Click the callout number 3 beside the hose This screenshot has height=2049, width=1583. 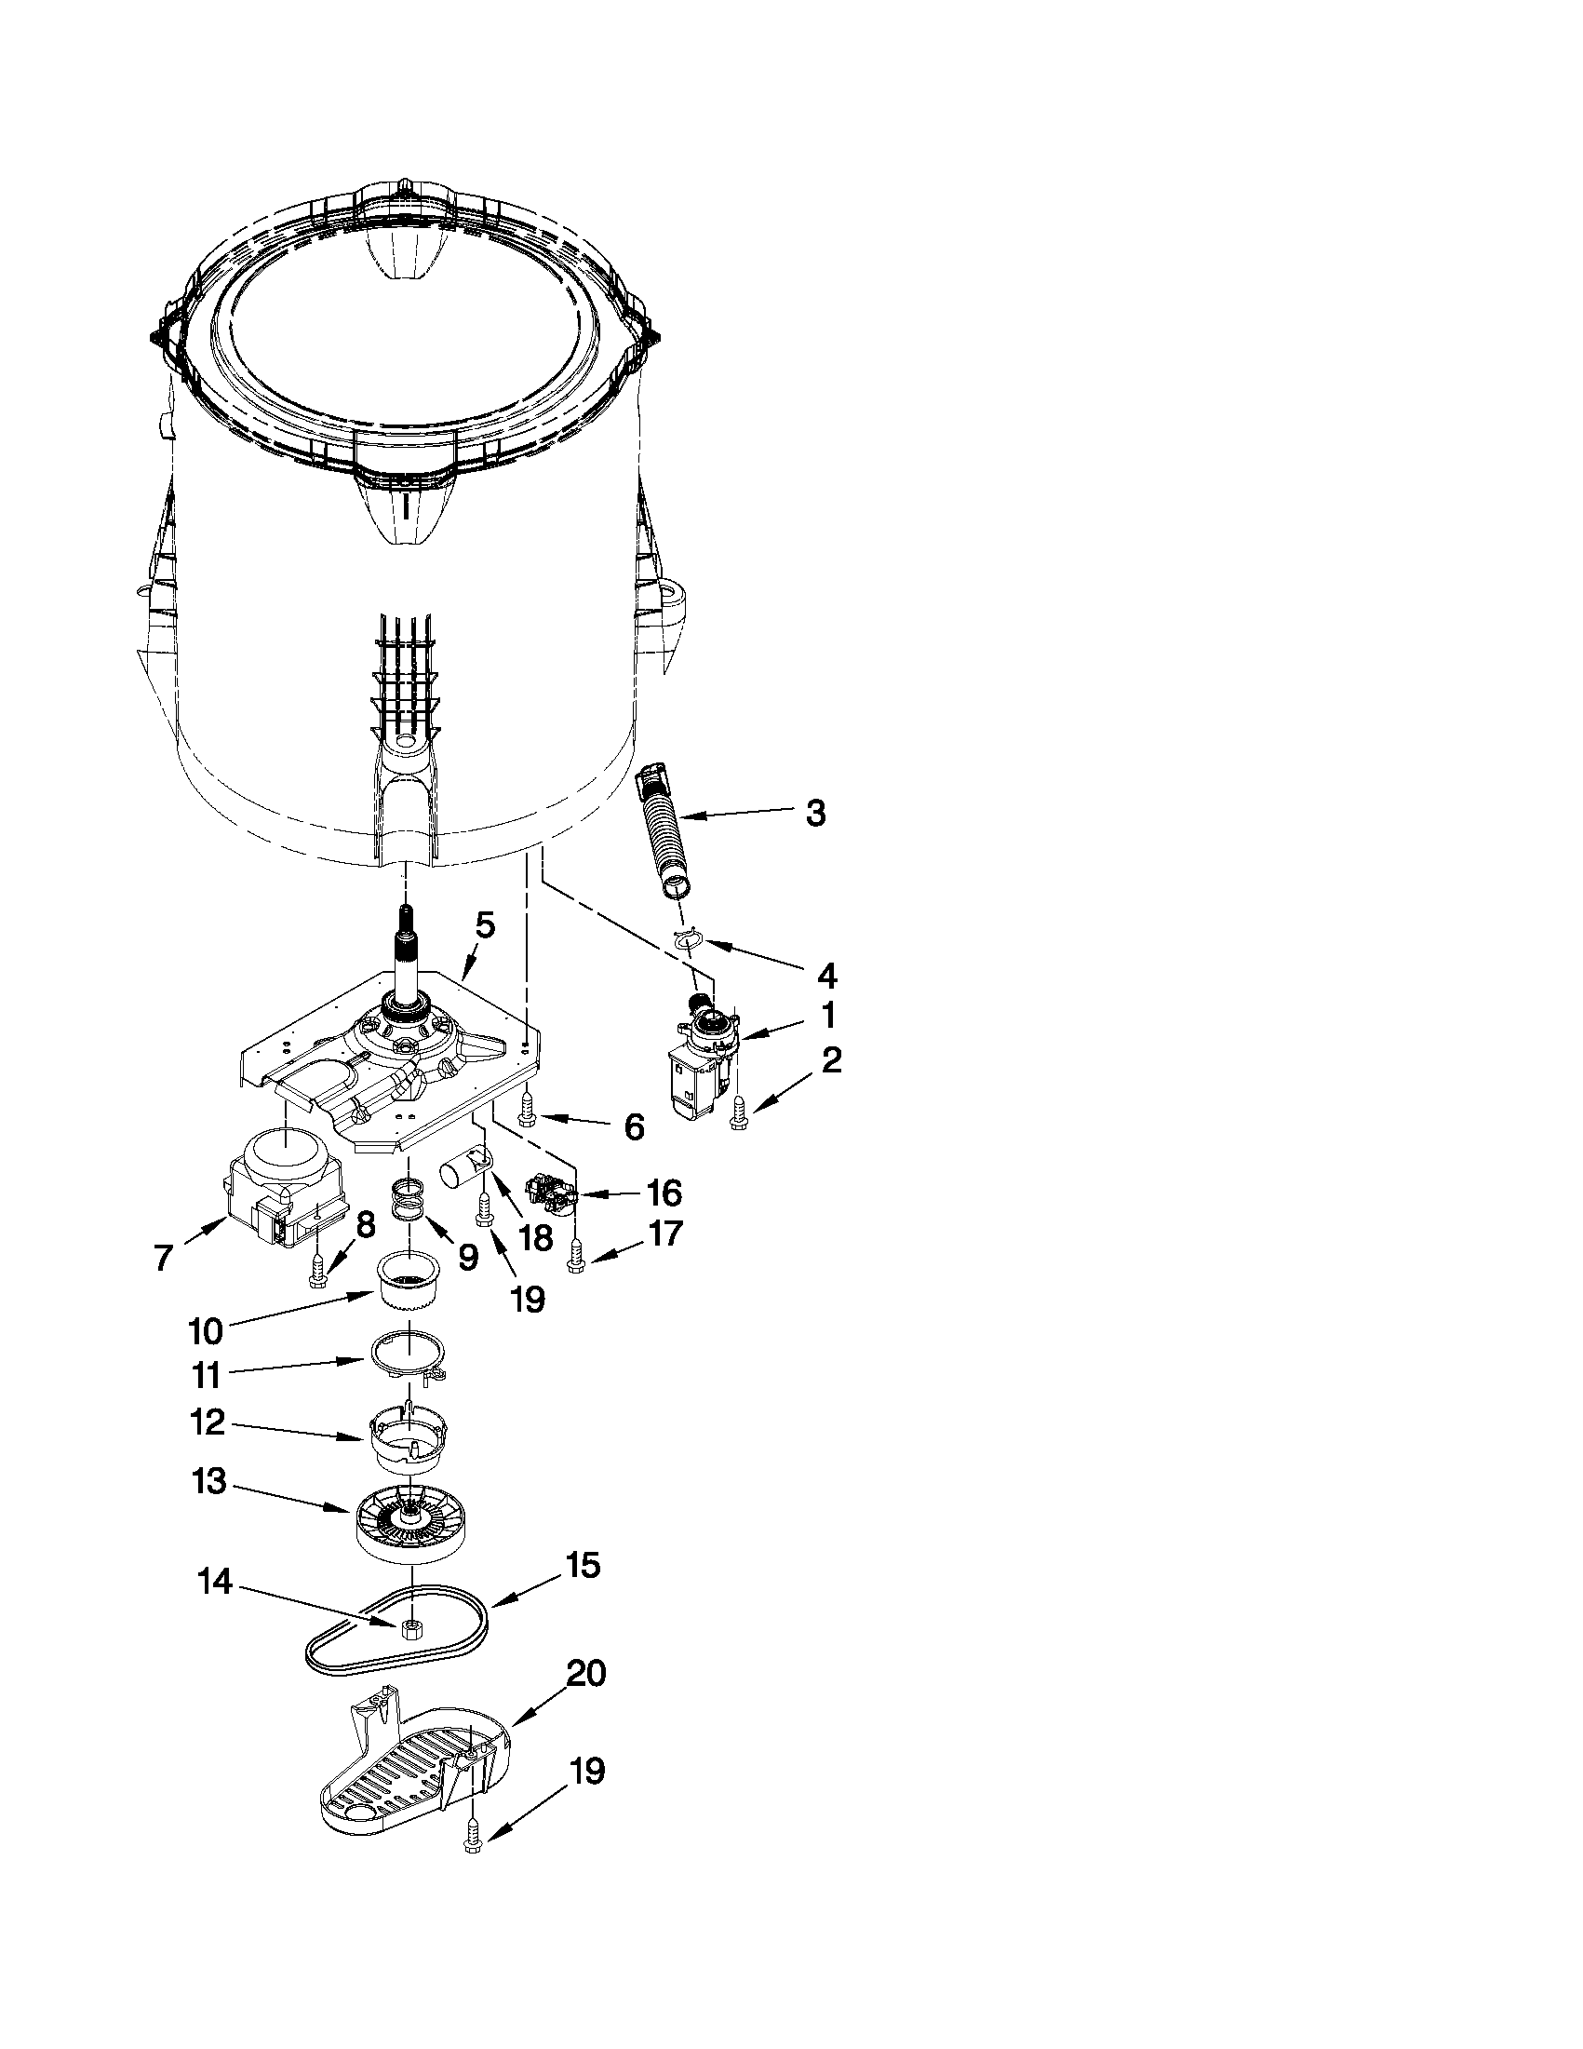(815, 814)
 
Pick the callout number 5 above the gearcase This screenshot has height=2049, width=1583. (484, 926)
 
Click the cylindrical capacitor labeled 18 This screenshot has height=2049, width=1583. (463, 1173)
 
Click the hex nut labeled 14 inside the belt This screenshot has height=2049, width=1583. (409, 1630)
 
